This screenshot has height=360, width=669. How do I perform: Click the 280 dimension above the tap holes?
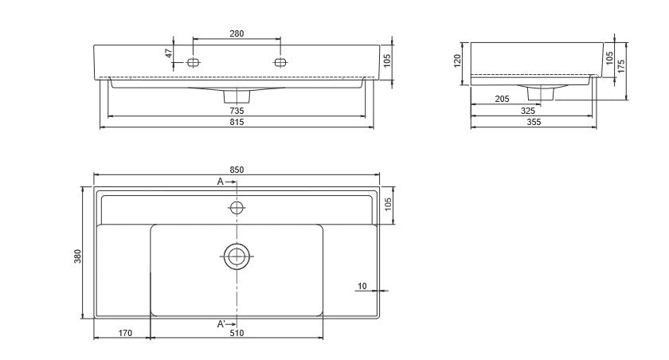(237, 33)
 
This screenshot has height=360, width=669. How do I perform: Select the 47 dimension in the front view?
(169, 53)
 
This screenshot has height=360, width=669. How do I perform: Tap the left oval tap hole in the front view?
(194, 63)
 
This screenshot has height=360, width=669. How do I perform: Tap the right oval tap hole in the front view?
(280, 63)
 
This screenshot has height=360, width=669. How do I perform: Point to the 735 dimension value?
(237, 111)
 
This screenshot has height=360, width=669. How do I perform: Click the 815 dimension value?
(237, 122)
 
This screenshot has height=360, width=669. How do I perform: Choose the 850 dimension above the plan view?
(237, 170)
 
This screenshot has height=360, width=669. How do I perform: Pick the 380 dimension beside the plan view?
(78, 256)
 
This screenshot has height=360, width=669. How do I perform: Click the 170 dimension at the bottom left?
(125, 333)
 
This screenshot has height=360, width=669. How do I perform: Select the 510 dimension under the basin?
(237, 333)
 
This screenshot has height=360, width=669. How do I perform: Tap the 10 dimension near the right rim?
(362, 286)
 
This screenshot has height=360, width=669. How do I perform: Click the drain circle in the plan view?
(237, 256)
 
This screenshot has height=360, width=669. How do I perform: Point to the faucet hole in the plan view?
(237, 208)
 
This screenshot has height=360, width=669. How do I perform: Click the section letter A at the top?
(220, 182)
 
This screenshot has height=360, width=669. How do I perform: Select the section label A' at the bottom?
(221, 324)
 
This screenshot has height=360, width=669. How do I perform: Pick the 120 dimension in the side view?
(457, 61)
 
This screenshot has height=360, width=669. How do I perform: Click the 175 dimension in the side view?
(621, 66)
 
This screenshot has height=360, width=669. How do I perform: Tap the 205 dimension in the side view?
(503, 99)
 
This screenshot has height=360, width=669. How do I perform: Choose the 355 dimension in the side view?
(534, 123)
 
